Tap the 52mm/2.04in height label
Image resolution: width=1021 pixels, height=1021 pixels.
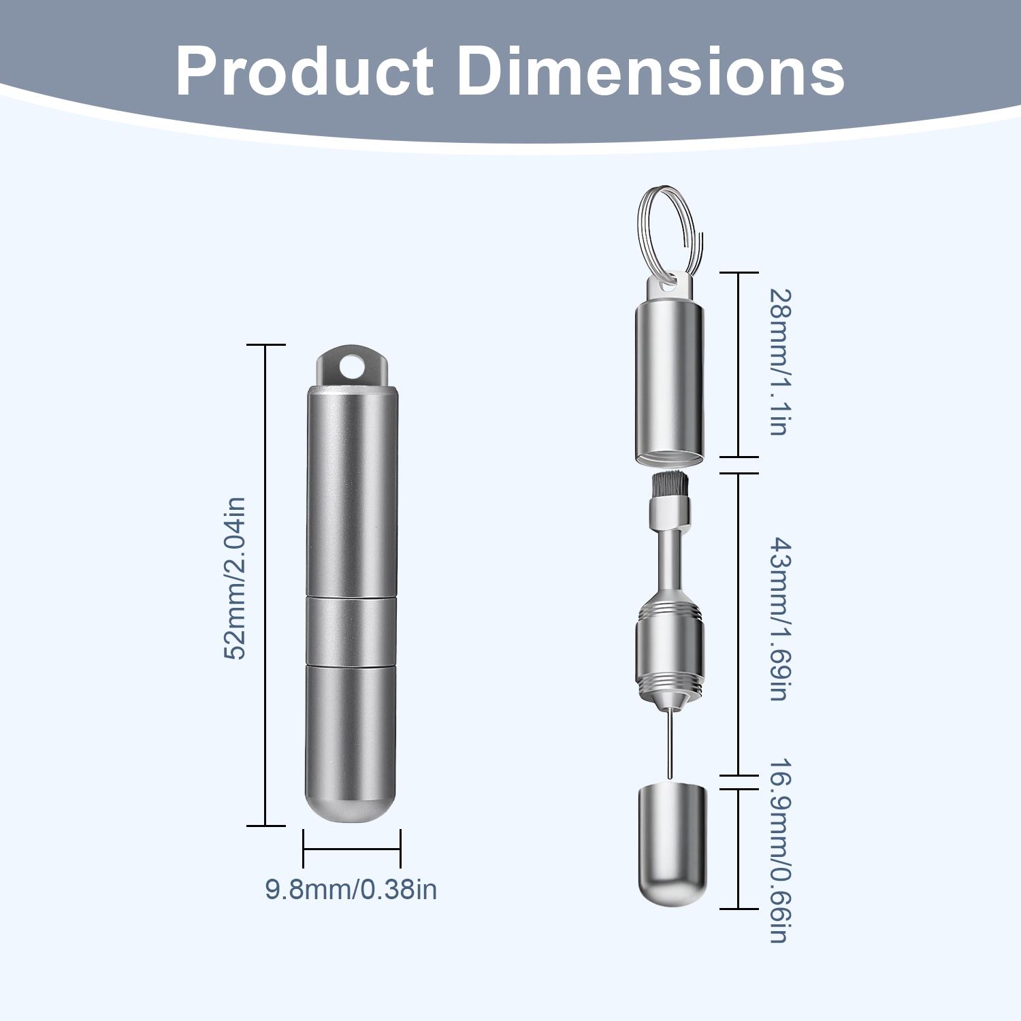coord(234,578)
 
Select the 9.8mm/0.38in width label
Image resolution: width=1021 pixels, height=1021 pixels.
coord(351,890)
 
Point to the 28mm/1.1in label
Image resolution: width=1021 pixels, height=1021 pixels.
coord(778,361)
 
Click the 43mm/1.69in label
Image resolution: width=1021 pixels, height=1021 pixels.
coord(778,619)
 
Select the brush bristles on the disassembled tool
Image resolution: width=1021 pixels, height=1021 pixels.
coord(668,485)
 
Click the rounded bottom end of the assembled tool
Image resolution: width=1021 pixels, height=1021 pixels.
coord(351,803)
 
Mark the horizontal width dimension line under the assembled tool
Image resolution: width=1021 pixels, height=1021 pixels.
coord(351,849)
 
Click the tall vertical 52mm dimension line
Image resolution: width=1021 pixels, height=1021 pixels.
coord(265,585)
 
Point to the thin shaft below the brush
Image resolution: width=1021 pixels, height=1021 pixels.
coord(670,558)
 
